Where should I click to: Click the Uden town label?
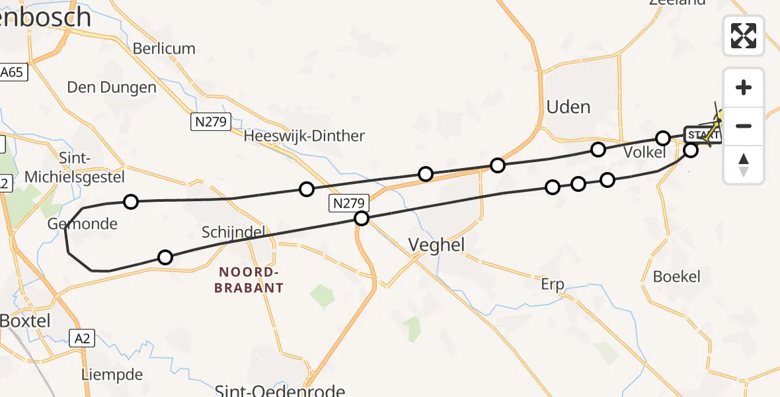568,107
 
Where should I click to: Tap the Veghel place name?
436,245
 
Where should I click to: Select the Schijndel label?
233,232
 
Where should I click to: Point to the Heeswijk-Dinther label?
304,136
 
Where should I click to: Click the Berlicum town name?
164,48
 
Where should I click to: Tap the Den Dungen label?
112,87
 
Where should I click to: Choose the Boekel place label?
676,276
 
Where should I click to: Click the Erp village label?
552,285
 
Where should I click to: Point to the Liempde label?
112,375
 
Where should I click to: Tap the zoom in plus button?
744,87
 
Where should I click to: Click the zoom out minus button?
744,126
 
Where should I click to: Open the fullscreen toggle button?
744,36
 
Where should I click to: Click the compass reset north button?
744,164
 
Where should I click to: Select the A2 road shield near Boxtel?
82,339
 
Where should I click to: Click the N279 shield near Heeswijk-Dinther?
211,122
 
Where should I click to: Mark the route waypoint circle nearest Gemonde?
131,202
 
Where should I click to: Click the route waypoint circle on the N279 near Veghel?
361,218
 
